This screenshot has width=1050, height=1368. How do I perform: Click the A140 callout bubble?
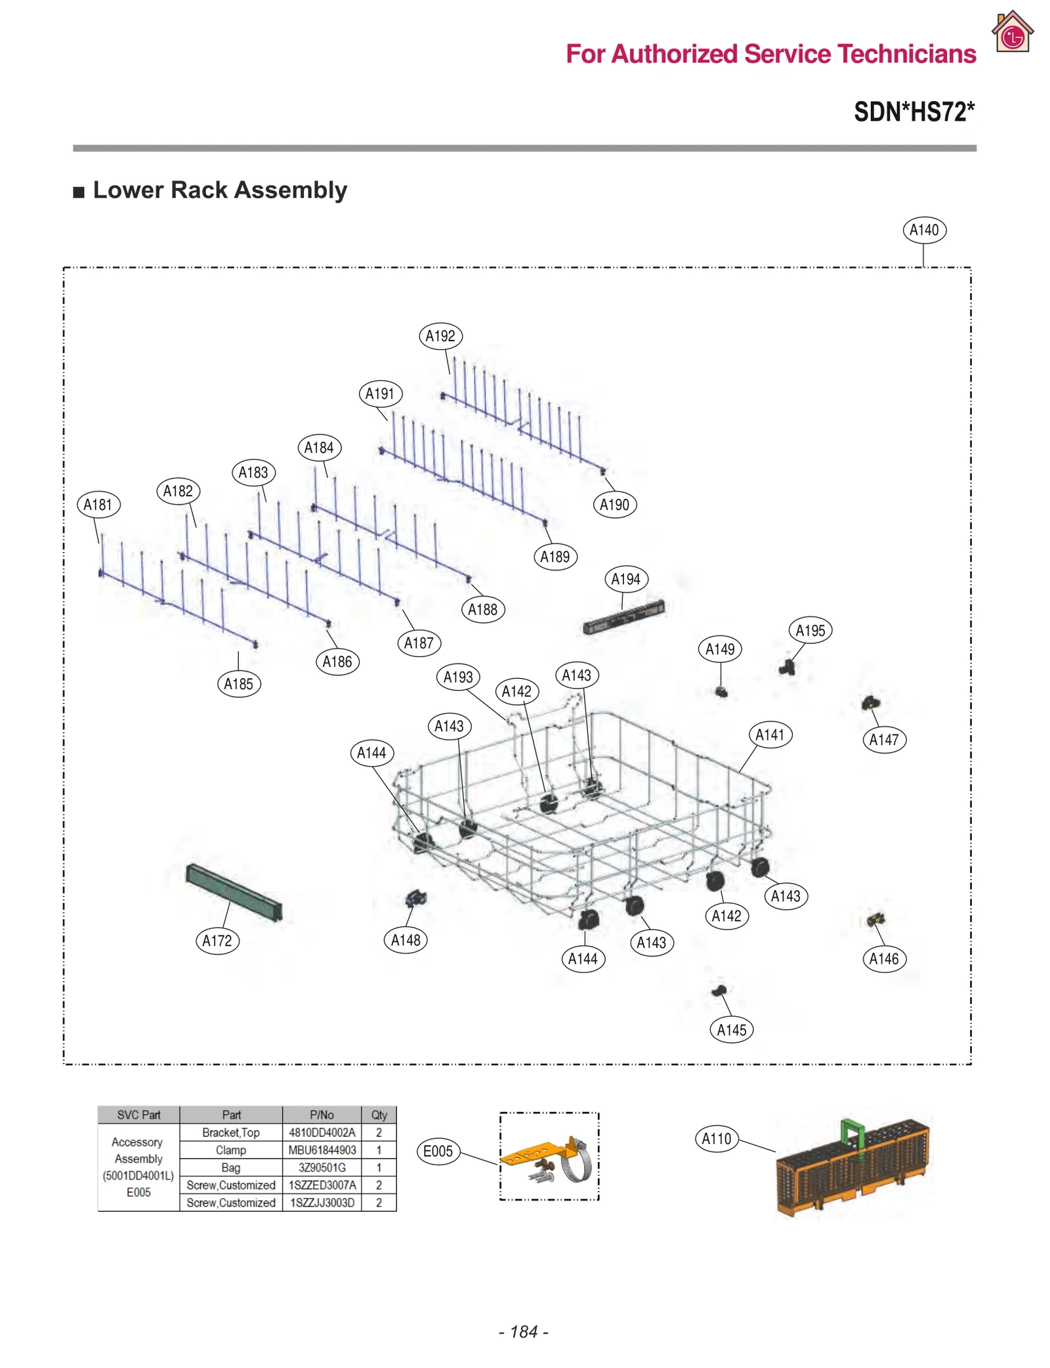coord(923,230)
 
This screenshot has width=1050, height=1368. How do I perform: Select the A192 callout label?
coord(440,336)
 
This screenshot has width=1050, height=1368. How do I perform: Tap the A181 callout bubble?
coord(98,504)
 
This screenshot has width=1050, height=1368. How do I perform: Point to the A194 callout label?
coord(625,579)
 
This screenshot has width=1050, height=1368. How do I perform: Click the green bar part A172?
coord(234,891)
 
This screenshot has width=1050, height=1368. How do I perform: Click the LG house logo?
coord(1012,33)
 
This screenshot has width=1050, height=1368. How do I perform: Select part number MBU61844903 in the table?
coord(322,1150)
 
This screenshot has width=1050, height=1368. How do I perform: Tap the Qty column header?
coord(379,1115)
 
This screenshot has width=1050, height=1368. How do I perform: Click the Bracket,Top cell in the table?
coord(230,1132)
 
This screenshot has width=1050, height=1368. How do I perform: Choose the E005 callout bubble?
coord(438,1151)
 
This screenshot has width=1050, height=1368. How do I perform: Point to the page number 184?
coord(524,1331)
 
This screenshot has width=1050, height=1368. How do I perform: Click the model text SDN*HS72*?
coord(913,112)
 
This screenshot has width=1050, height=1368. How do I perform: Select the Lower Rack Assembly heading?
coord(219,190)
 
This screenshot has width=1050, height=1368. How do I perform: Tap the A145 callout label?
coord(731,1029)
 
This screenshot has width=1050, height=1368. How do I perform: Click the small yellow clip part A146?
coord(875,919)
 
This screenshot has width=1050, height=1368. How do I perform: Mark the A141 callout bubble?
coord(770,735)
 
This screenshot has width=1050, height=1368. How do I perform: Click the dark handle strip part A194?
coord(623,617)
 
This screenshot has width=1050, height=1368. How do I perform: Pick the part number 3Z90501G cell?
coord(322,1167)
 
